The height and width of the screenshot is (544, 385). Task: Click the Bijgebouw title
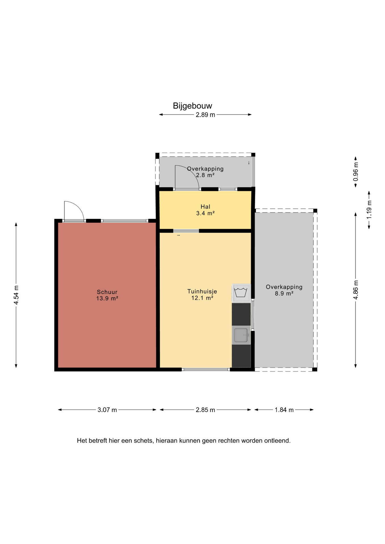click(192, 106)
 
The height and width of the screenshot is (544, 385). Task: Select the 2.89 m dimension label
click(205, 115)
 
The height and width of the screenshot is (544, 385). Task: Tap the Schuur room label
click(107, 292)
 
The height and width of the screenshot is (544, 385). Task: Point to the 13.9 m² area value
click(107, 298)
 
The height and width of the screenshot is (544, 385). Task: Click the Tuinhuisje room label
click(202, 291)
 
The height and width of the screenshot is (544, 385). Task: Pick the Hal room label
click(205, 207)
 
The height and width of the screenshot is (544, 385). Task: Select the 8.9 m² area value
click(284, 294)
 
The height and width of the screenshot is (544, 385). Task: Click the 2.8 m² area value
click(205, 175)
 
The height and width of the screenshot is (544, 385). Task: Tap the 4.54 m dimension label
click(16, 295)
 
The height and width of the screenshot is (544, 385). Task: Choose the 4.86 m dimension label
click(356, 289)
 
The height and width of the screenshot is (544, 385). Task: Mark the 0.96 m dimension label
click(356, 172)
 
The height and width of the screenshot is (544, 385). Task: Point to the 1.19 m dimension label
click(369, 210)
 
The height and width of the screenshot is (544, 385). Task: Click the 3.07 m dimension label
click(107, 410)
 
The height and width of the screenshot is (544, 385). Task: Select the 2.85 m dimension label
click(205, 410)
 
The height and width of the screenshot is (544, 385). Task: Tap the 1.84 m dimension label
click(284, 410)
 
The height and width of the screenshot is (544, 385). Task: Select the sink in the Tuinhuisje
click(241, 335)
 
